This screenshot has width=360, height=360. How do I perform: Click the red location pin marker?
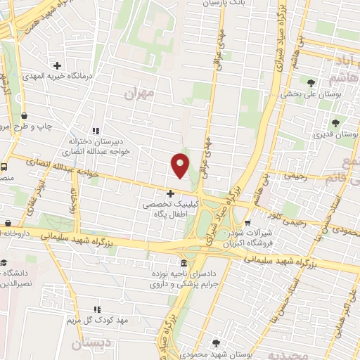click(181, 165)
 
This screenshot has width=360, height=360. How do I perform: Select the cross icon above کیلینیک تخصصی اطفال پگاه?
click(170, 193)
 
